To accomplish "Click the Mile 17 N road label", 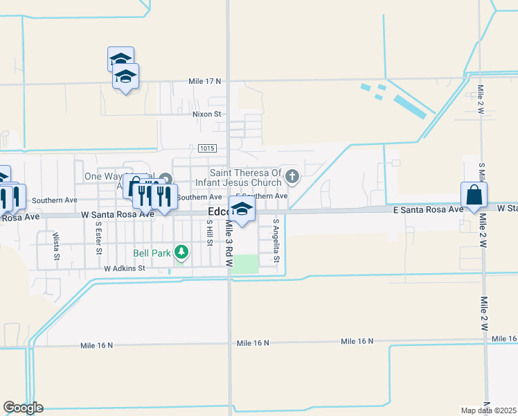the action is [204, 81].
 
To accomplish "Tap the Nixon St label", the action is [207, 114].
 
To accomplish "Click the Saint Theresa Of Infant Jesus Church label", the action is [247, 177].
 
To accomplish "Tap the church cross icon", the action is [292, 176].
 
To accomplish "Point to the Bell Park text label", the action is [152, 253].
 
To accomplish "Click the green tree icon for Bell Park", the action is [181, 252].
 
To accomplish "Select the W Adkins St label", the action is [124, 268].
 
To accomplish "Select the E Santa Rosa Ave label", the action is [427, 209].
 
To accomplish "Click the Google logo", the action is [23, 408].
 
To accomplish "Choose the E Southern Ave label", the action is [261, 197].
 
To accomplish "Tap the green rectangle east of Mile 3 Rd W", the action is [244, 263].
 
